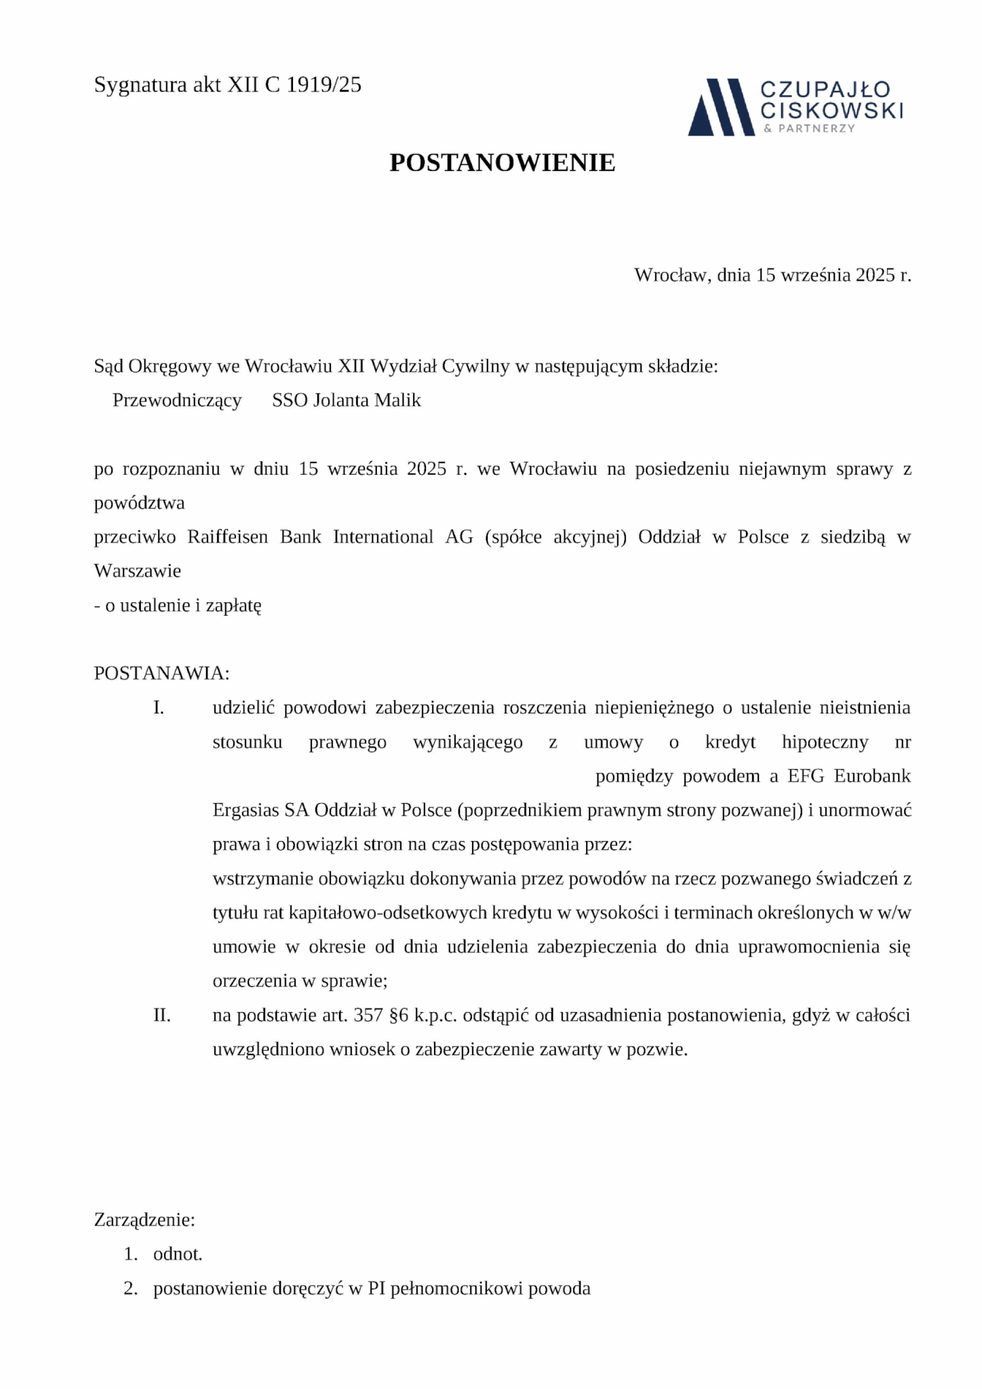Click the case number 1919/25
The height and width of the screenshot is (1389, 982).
tap(323, 85)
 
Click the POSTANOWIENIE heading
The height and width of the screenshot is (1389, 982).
tap(502, 163)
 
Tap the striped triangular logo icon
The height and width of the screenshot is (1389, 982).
tap(720, 107)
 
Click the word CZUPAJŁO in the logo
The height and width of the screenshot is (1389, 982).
tap(825, 90)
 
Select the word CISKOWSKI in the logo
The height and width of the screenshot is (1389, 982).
tap(831, 110)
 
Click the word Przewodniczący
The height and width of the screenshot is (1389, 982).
tap(177, 400)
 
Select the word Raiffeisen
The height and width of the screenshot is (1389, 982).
tap(227, 537)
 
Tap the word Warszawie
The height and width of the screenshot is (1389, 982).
tap(138, 571)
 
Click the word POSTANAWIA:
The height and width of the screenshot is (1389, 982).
tap(162, 673)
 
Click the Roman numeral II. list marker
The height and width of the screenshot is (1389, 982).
tap(161, 1015)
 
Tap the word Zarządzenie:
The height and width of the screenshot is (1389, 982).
tap(144, 1220)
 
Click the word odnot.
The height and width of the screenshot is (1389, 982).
tap(178, 1254)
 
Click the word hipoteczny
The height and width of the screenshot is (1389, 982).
tap(825, 742)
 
